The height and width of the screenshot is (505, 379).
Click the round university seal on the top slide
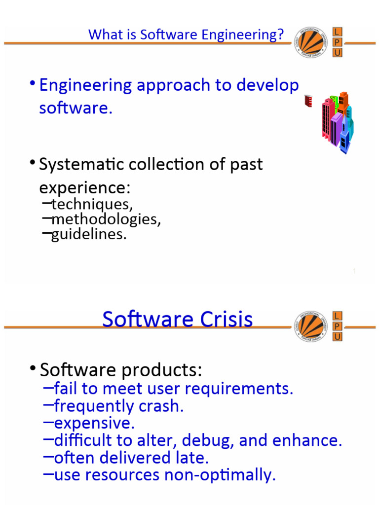(311, 42)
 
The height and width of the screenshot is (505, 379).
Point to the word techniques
(92, 204)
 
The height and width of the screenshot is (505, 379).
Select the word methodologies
(106, 219)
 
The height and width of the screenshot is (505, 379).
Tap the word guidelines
(89, 234)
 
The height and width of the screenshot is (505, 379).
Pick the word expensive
(94, 423)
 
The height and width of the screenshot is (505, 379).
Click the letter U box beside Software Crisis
(338, 337)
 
